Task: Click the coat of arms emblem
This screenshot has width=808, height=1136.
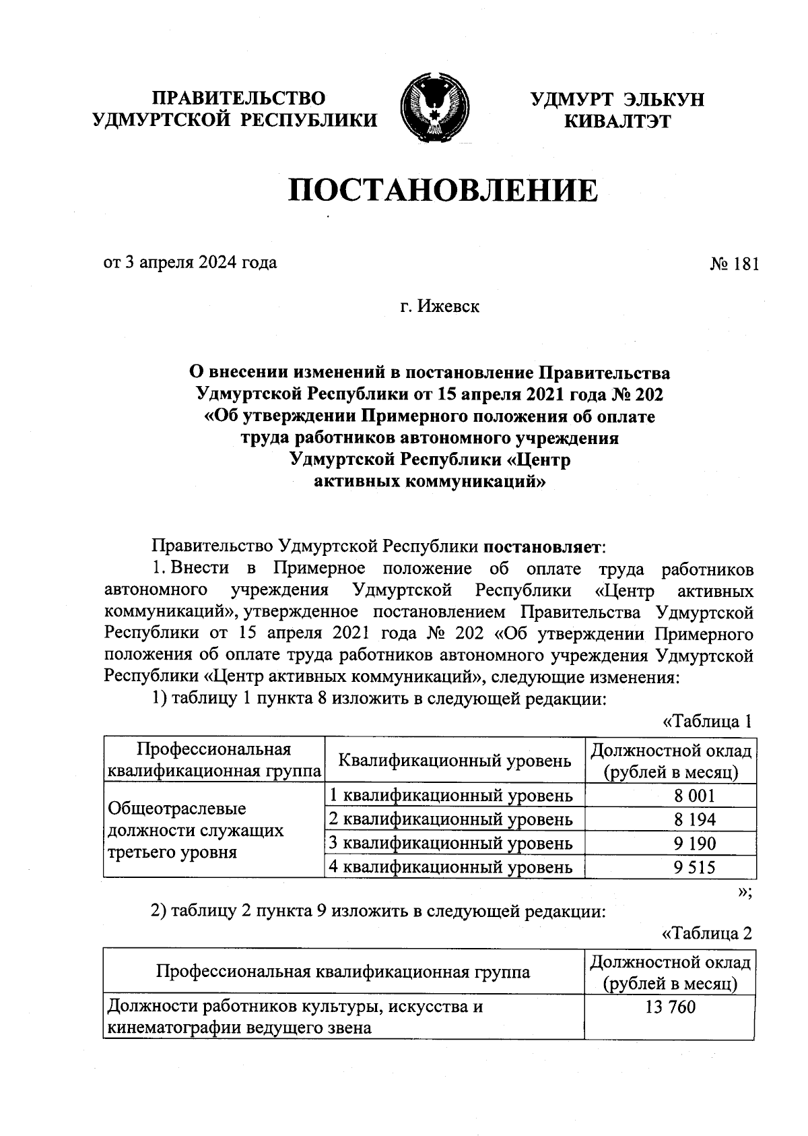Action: coord(434,108)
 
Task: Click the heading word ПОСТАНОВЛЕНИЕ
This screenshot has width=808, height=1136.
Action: coord(442,191)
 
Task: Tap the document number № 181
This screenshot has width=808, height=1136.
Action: coord(733,263)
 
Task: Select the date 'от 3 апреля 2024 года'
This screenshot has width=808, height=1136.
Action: coord(190,262)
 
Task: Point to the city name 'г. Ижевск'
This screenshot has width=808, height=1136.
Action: coord(440,307)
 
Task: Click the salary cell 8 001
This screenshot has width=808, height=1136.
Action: coord(694,796)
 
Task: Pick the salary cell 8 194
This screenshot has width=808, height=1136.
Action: coord(694,819)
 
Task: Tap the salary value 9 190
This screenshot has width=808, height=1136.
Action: coord(694,844)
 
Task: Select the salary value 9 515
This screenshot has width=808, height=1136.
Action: coord(694,867)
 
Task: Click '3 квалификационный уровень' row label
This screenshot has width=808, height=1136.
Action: coord(450,844)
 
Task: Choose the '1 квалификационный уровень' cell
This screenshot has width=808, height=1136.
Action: coord(450,796)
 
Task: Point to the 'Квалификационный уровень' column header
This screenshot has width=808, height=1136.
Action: coord(454,761)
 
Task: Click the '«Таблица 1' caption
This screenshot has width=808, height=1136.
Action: coord(706,722)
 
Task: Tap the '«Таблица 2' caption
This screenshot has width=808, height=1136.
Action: coord(706,933)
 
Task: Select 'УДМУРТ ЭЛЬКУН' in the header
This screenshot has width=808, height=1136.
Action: coord(617,100)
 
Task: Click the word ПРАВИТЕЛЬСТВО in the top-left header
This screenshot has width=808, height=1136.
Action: coord(238,98)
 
